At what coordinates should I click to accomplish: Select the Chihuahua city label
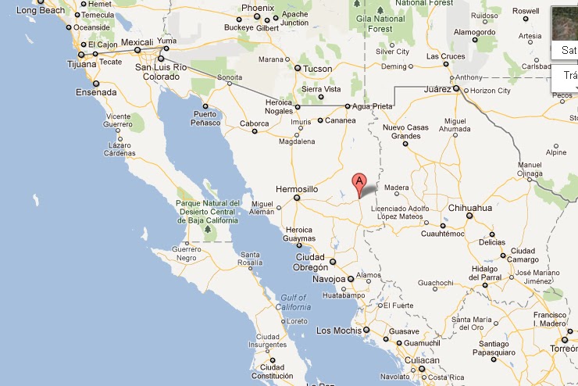[470, 208]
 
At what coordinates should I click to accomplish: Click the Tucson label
[318, 69]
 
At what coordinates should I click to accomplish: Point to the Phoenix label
[258, 8]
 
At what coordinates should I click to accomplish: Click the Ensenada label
[96, 92]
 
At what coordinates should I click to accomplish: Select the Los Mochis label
[337, 331]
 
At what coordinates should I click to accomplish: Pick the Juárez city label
[437, 89]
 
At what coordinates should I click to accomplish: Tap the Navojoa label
[328, 279]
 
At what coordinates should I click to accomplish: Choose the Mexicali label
[136, 41]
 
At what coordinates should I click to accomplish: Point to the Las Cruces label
[445, 56]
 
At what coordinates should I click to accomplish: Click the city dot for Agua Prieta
[348, 106]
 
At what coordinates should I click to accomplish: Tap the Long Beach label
[41, 10]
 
